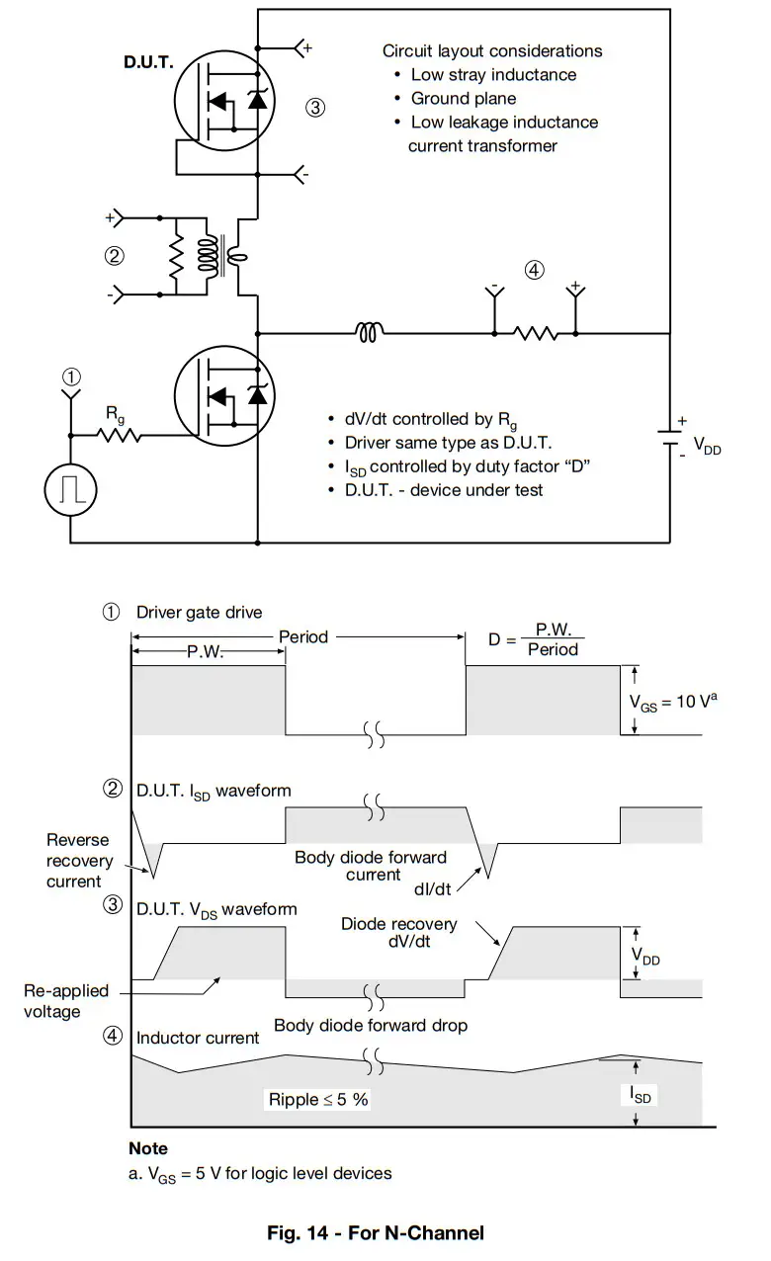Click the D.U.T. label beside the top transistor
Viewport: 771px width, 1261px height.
pyautogui.click(x=148, y=62)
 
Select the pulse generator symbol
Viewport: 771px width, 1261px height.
pyautogui.click(x=70, y=489)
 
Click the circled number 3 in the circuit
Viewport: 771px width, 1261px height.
pyautogui.click(x=314, y=108)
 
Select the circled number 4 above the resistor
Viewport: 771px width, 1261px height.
pyautogui.click(x=534, y=269)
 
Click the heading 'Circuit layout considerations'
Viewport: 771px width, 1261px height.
pyautogui.click(x=492, y=50)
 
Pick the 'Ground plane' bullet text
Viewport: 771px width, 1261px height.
pyautogui.click(x=463, y=98)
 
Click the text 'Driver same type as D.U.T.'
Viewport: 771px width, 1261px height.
pyautogui.click(x=448, y=442)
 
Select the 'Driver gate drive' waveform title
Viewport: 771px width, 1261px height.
pyautogui.click(x=199, y=612)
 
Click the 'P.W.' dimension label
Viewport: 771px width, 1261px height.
pyautogui.click(x=206, y=652)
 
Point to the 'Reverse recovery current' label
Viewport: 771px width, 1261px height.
pyautogui.click(x=79, y=860)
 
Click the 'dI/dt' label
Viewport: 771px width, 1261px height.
pyautogui.click(x=433, y=888)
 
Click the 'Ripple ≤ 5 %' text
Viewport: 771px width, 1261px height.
pyautogui.click(x=318, y=1099)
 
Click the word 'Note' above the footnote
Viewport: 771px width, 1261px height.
pyautogui.click(x=148, y=1148)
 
